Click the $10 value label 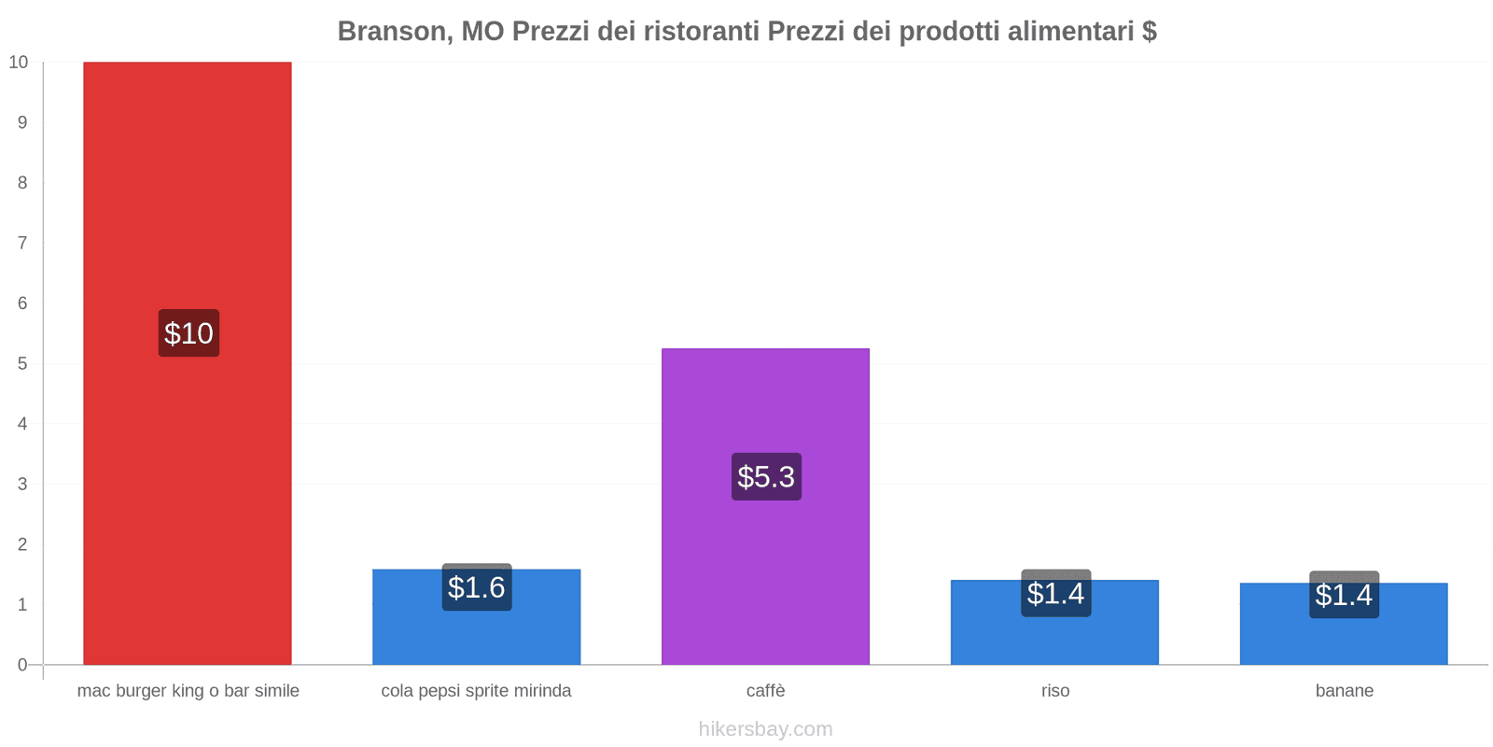pyautogui.click(x=188, y=333)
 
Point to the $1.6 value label pyautogui.click(x=477, y=587)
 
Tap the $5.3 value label pyautogui.click(x=766, y=477)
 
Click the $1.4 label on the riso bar pyautogui.click(x=1055, y=593)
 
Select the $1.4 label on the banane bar pyautogui.click(x=1344, y=595)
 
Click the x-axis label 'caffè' pyautogui.click(x=765, y=691)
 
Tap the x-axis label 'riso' pyautogui.click(x=1055, y=691)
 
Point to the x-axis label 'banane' pyautogui.click(x=1344, y=691)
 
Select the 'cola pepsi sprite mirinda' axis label pyautogui.click(x=476, y=691)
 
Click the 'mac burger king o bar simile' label pyautogui.click(x=188, y=691)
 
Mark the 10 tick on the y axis pyautogui.click(x=19, y=63)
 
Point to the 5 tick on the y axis pyautogui.click(x=22, y=363)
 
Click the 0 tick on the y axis pyautogui.click(x=22, y=665)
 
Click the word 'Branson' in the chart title pyautogui.click(x=391, y=32)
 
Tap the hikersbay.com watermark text pyautogui.click(x=765, y=729)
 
